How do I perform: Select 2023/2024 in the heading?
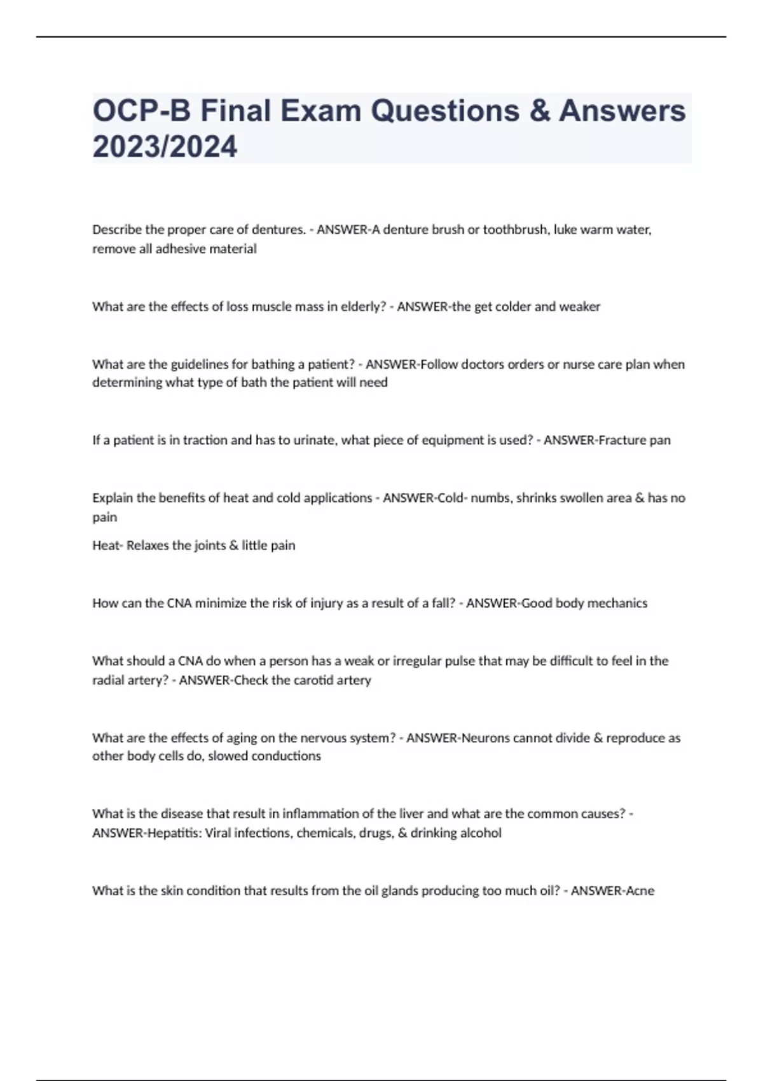165,146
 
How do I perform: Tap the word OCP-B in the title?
141,111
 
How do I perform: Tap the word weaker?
579,306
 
